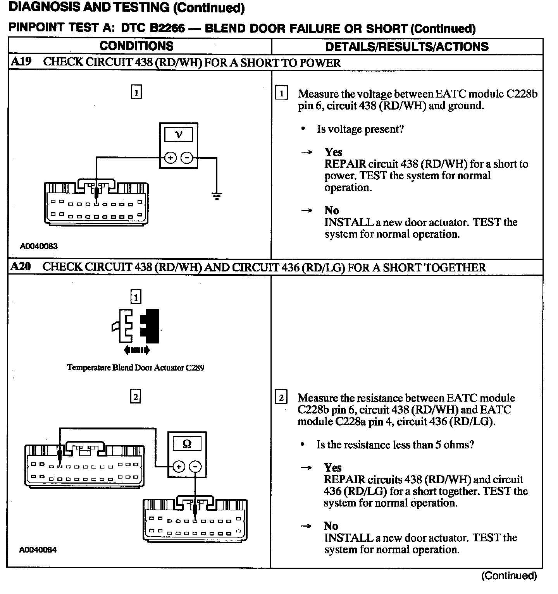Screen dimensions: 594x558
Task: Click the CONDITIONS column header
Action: point(136,46)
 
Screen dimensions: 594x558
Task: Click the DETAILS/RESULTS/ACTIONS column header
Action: point(407,46)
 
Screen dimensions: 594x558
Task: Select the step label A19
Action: point(21,62)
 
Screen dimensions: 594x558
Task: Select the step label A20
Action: point(21,266)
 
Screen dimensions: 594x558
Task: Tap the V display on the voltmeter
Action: point(179,135)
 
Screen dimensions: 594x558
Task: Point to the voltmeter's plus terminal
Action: point(170,158)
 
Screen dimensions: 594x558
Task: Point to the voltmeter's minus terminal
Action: point(187,158)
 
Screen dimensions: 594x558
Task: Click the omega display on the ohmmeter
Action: point(187,444)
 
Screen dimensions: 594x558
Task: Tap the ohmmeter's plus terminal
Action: point(179,467)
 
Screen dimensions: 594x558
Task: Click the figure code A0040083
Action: point(39,246)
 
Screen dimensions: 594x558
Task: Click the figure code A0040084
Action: point(38,549)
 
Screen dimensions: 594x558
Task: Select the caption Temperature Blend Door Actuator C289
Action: point(136,367)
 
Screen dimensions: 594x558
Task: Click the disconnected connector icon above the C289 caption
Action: point(136,326)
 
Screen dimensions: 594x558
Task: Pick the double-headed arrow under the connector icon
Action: point(136,350)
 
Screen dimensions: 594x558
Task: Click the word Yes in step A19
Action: point(333,152)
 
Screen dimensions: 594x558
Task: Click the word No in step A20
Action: point(331,526)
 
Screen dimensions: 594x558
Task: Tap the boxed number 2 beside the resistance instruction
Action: point(281,398)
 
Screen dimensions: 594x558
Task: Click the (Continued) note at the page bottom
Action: point(509,576)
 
